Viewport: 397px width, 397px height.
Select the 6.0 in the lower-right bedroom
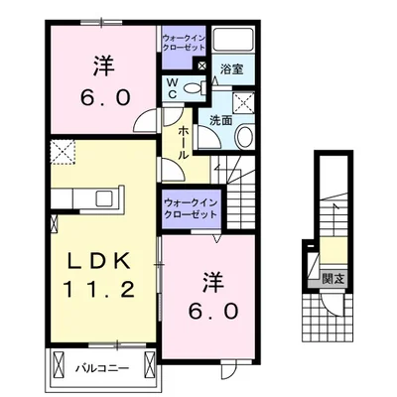(211, 310)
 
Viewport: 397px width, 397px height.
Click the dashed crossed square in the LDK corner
(62, 152)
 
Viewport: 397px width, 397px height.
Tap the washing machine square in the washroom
(242, 101)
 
